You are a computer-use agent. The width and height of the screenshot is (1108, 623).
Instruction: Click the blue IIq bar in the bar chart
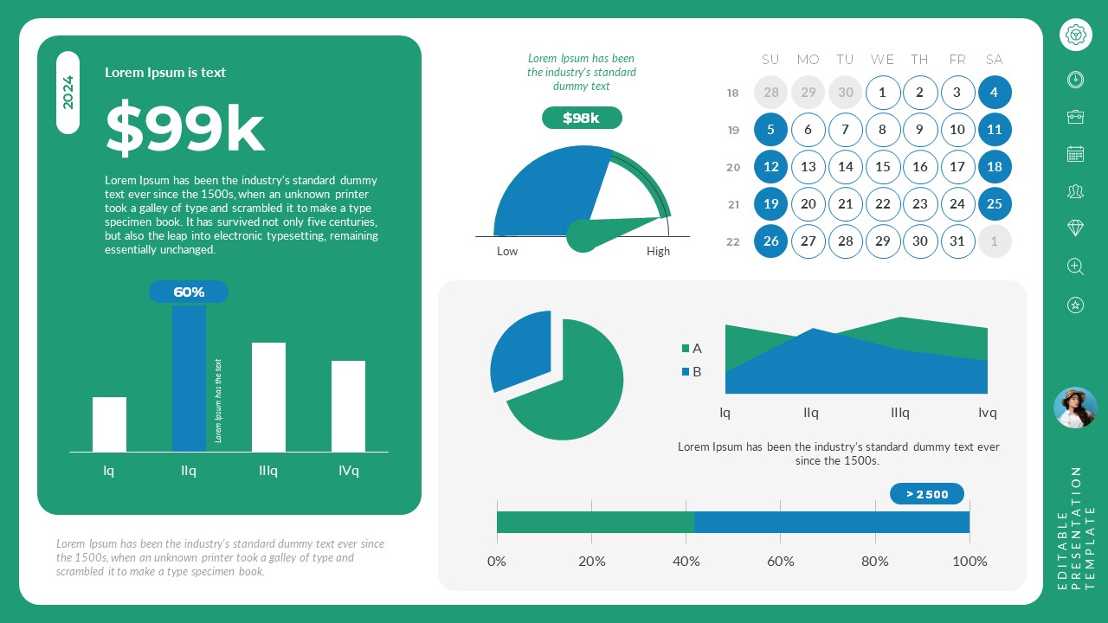point(189,377)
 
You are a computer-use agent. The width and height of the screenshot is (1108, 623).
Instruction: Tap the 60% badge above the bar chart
point(189,292)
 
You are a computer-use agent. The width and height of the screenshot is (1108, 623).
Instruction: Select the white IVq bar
point(348,406)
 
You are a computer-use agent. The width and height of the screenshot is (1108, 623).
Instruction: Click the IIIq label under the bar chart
point(268,471)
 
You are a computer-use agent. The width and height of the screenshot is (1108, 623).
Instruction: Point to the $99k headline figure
point(184,129)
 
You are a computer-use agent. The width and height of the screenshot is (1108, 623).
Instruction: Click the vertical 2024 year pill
point(68,93)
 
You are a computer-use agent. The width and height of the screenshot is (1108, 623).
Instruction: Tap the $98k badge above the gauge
point(582,118)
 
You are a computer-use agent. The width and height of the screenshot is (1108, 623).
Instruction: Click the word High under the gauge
point(658,251)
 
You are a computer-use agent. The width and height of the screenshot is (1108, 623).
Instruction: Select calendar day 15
point(882,167)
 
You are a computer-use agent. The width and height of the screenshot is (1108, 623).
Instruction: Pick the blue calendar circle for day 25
point(994,204)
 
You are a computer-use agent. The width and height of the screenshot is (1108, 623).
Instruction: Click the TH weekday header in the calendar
point(919,60)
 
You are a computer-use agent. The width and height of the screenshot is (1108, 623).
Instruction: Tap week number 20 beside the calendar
point(733,168)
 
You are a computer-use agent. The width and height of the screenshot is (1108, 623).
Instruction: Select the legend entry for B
point(692,372)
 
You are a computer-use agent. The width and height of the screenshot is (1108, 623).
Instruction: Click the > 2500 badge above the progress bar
point(927,494)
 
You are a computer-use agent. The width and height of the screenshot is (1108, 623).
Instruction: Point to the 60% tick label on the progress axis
point(780,561)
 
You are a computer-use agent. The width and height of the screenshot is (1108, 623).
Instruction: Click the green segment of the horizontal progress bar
point(595,522)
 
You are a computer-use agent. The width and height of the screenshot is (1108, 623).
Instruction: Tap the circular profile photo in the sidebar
point(1075,408)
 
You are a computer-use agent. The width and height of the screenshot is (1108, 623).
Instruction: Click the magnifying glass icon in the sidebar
point(1075,267)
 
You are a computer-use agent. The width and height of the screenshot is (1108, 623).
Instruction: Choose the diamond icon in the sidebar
point(1075,228)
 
